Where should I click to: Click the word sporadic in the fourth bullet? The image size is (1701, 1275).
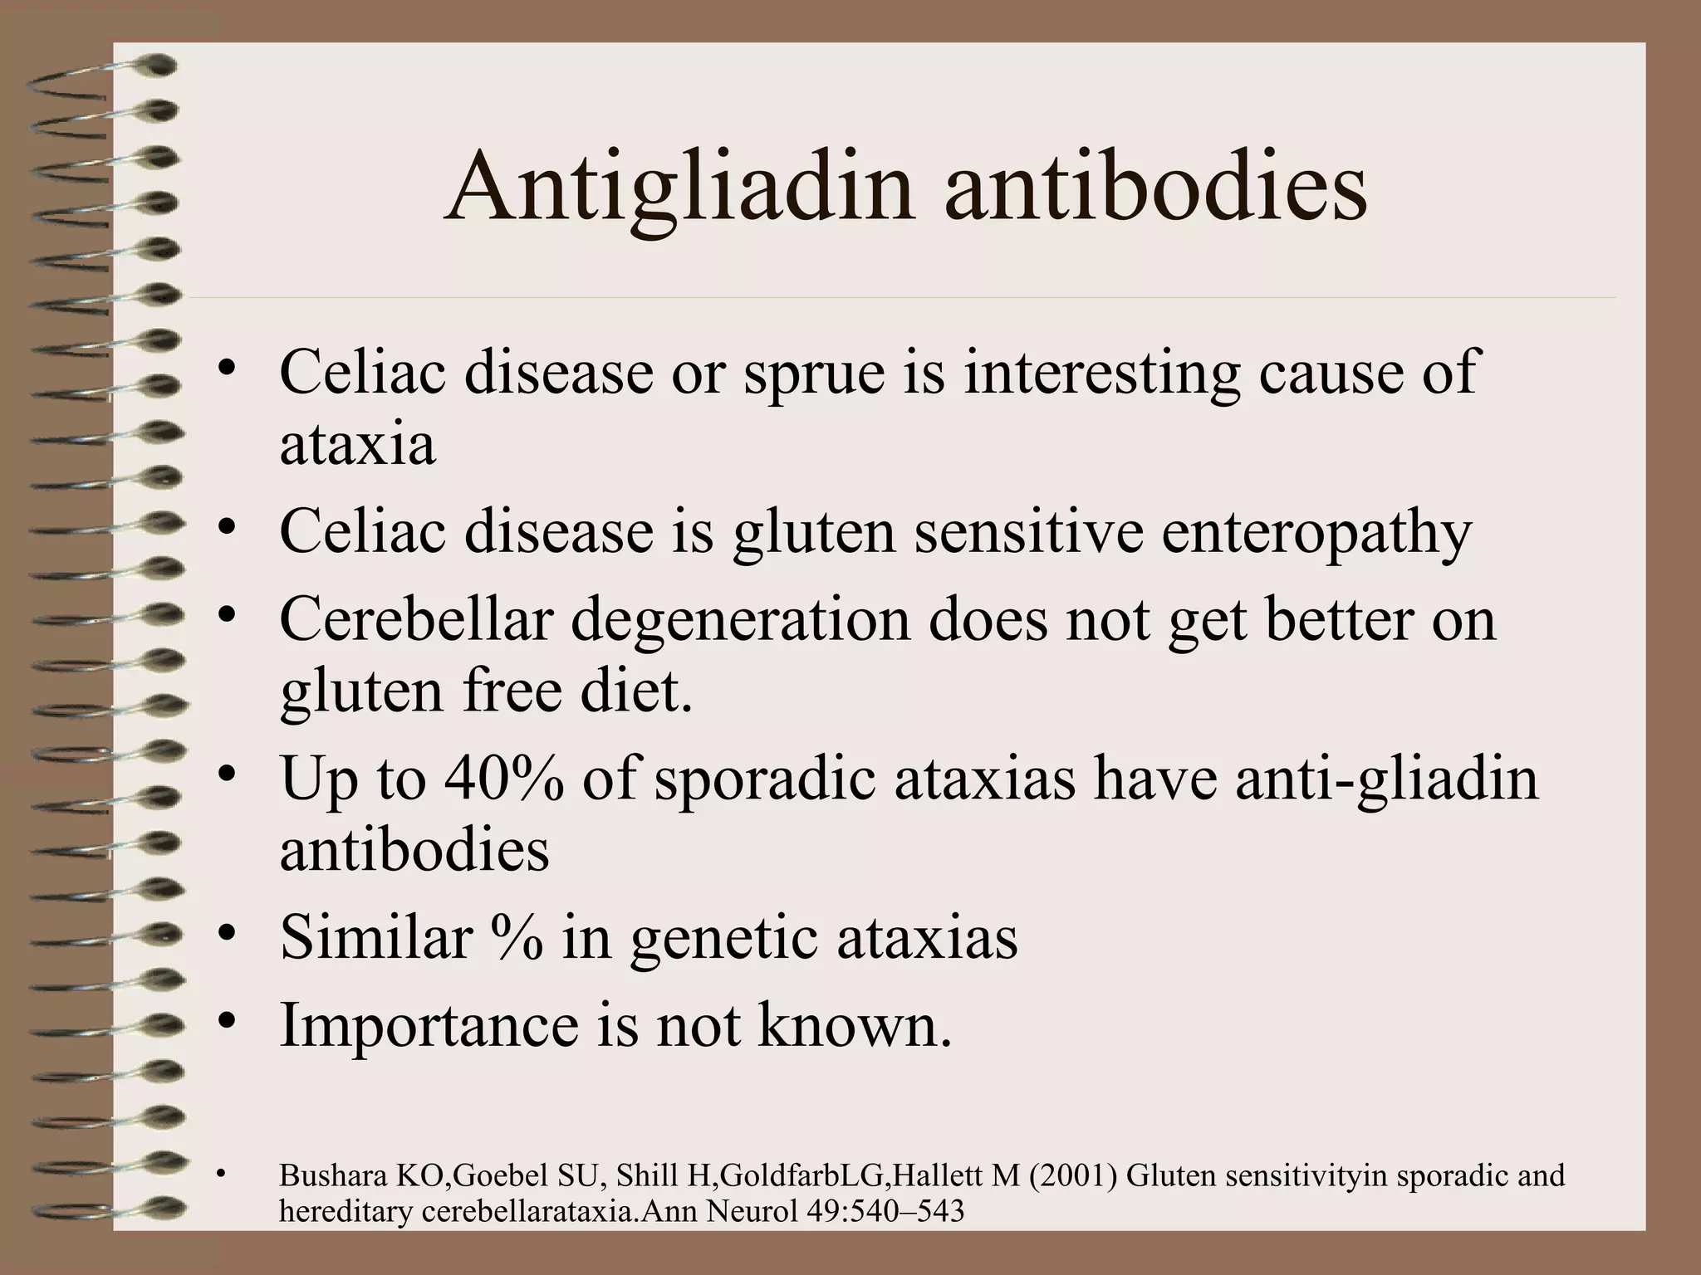[x=764, y=779]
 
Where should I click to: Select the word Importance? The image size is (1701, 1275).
[x=429, y=1026]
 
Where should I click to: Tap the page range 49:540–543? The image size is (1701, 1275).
[x=885, y=1211]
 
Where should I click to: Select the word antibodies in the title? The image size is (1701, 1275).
[x=1155, y=189]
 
